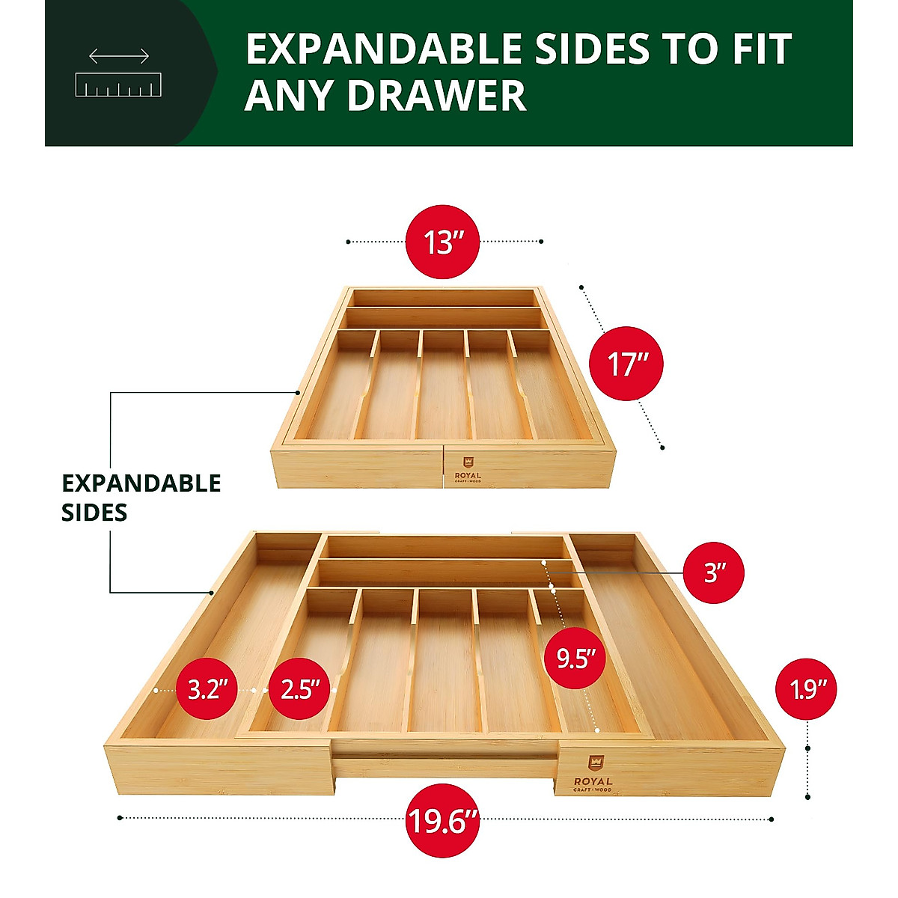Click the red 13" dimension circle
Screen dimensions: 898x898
pos(442,242)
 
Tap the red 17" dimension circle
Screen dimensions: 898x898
pos(626,364)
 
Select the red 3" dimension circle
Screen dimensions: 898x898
pos(715,572)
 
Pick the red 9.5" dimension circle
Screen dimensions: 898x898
pos(575,658)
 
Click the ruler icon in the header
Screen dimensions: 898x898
pos(119,85)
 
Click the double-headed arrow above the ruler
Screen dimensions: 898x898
pos(119,56)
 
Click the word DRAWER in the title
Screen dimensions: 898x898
pos(436,96)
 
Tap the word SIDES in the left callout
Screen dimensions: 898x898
pos(94,513)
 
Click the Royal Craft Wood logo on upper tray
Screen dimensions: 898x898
pos(468,470)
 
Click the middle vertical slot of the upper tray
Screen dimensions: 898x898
pos(443,385)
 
